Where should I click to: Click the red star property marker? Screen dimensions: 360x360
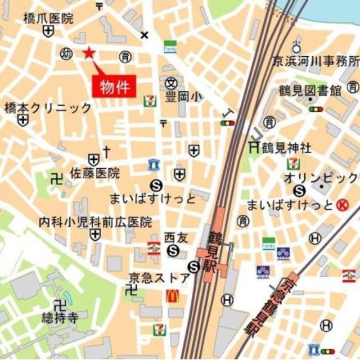(88, 53)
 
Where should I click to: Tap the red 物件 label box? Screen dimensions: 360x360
(115, 87)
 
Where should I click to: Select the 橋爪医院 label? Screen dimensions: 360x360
(48, 19)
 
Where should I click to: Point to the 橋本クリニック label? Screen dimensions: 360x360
(48, 107)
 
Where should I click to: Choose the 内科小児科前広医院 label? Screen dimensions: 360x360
(95, 222)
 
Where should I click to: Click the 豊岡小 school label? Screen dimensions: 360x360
(182, 96)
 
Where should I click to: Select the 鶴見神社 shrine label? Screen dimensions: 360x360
(289, 148)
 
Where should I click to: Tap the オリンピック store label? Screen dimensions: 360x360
(321, 178)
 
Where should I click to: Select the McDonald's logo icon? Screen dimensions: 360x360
(172, 296)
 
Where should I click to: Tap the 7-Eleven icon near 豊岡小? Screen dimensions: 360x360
(150, 101)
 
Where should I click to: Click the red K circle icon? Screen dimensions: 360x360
(341, 205)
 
